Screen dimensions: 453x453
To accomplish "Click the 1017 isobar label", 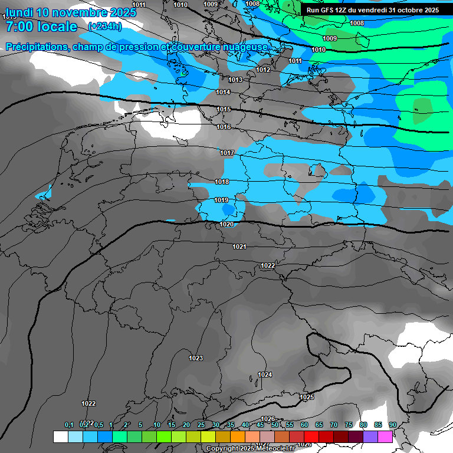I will tap(227, 153).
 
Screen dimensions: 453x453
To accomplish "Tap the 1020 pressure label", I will tap(226, 224).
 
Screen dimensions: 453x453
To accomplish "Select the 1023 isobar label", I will tap(196, 359).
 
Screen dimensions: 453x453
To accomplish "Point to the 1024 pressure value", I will tap(265, 375).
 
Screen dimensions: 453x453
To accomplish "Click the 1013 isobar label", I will tap(235, 80).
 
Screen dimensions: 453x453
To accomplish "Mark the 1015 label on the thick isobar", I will tap(224, 110).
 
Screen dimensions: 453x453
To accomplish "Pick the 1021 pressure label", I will tap(239, 247).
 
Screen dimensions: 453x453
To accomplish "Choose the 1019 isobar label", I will tap(221, 201).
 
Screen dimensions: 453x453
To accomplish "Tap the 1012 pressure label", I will tap(263, 70).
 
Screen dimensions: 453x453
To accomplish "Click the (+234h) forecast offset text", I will tap(104, 27).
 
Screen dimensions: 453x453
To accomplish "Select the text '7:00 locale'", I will tap(41, 27).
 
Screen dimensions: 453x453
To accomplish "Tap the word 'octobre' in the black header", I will tap(411, 10).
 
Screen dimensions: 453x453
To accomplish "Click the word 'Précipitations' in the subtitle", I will tap(37, 47).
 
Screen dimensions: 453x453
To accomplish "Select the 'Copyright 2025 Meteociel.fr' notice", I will tap(250, 448).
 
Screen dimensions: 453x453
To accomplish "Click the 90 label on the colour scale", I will tap(392, 425).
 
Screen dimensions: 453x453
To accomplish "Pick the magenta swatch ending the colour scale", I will tap(385, 436).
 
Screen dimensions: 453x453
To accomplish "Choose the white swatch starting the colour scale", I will tap(60, 436).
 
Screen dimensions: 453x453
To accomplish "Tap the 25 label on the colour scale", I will tap(201, 425).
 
